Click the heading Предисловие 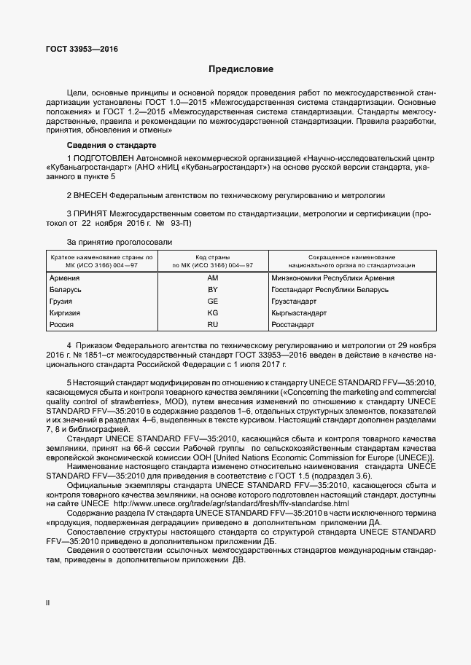[x=241, y=70]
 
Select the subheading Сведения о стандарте [x=106, y=146]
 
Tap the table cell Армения [x=64, y=278]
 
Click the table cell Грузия [x=62, y=301]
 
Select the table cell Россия [x=61, y=324]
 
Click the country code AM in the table [x=213, y=278]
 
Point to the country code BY [x=213, y=290]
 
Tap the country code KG [x=213, y=312]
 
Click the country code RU [x=213, y=324]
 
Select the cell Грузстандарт [x=293, y=301]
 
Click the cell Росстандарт [x=292, y=324]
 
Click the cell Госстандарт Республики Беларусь [x=329, y=290]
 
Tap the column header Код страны [x=213, y=258]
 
